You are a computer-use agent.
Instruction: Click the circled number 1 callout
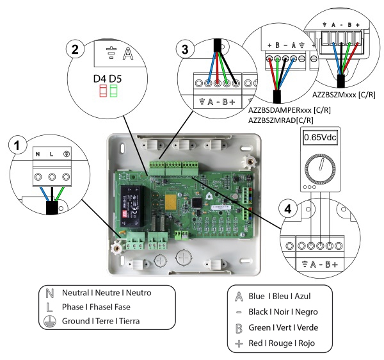17,145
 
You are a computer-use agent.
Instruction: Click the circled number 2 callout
75,49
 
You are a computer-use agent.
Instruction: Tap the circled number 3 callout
185,49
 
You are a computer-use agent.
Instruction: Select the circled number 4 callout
288,209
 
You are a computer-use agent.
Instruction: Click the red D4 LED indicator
103,91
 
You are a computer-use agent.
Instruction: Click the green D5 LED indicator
114,91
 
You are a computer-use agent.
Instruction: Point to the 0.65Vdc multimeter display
320,137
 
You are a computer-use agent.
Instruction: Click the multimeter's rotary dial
320,167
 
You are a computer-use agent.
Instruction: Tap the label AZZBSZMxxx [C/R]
344,95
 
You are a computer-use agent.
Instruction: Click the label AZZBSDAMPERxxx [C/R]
289,110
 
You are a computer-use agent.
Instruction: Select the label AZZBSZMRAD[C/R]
281,120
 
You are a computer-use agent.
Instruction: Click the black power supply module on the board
132,206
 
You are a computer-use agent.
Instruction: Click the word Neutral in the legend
76,293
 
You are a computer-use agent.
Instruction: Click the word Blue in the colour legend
257,296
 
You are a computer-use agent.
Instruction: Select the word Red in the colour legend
255,343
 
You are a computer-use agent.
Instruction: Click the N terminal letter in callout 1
38,154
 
